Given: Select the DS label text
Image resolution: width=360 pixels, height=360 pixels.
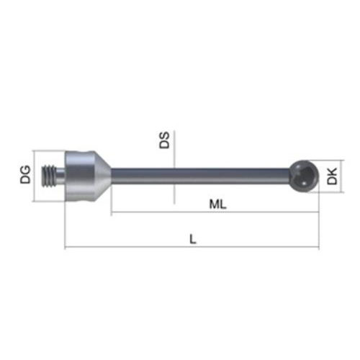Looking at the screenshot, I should (164, 140).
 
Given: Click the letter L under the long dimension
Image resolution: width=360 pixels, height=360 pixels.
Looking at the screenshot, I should (192, 240).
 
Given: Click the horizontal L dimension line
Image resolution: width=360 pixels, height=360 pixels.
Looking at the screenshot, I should (192, 249).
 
